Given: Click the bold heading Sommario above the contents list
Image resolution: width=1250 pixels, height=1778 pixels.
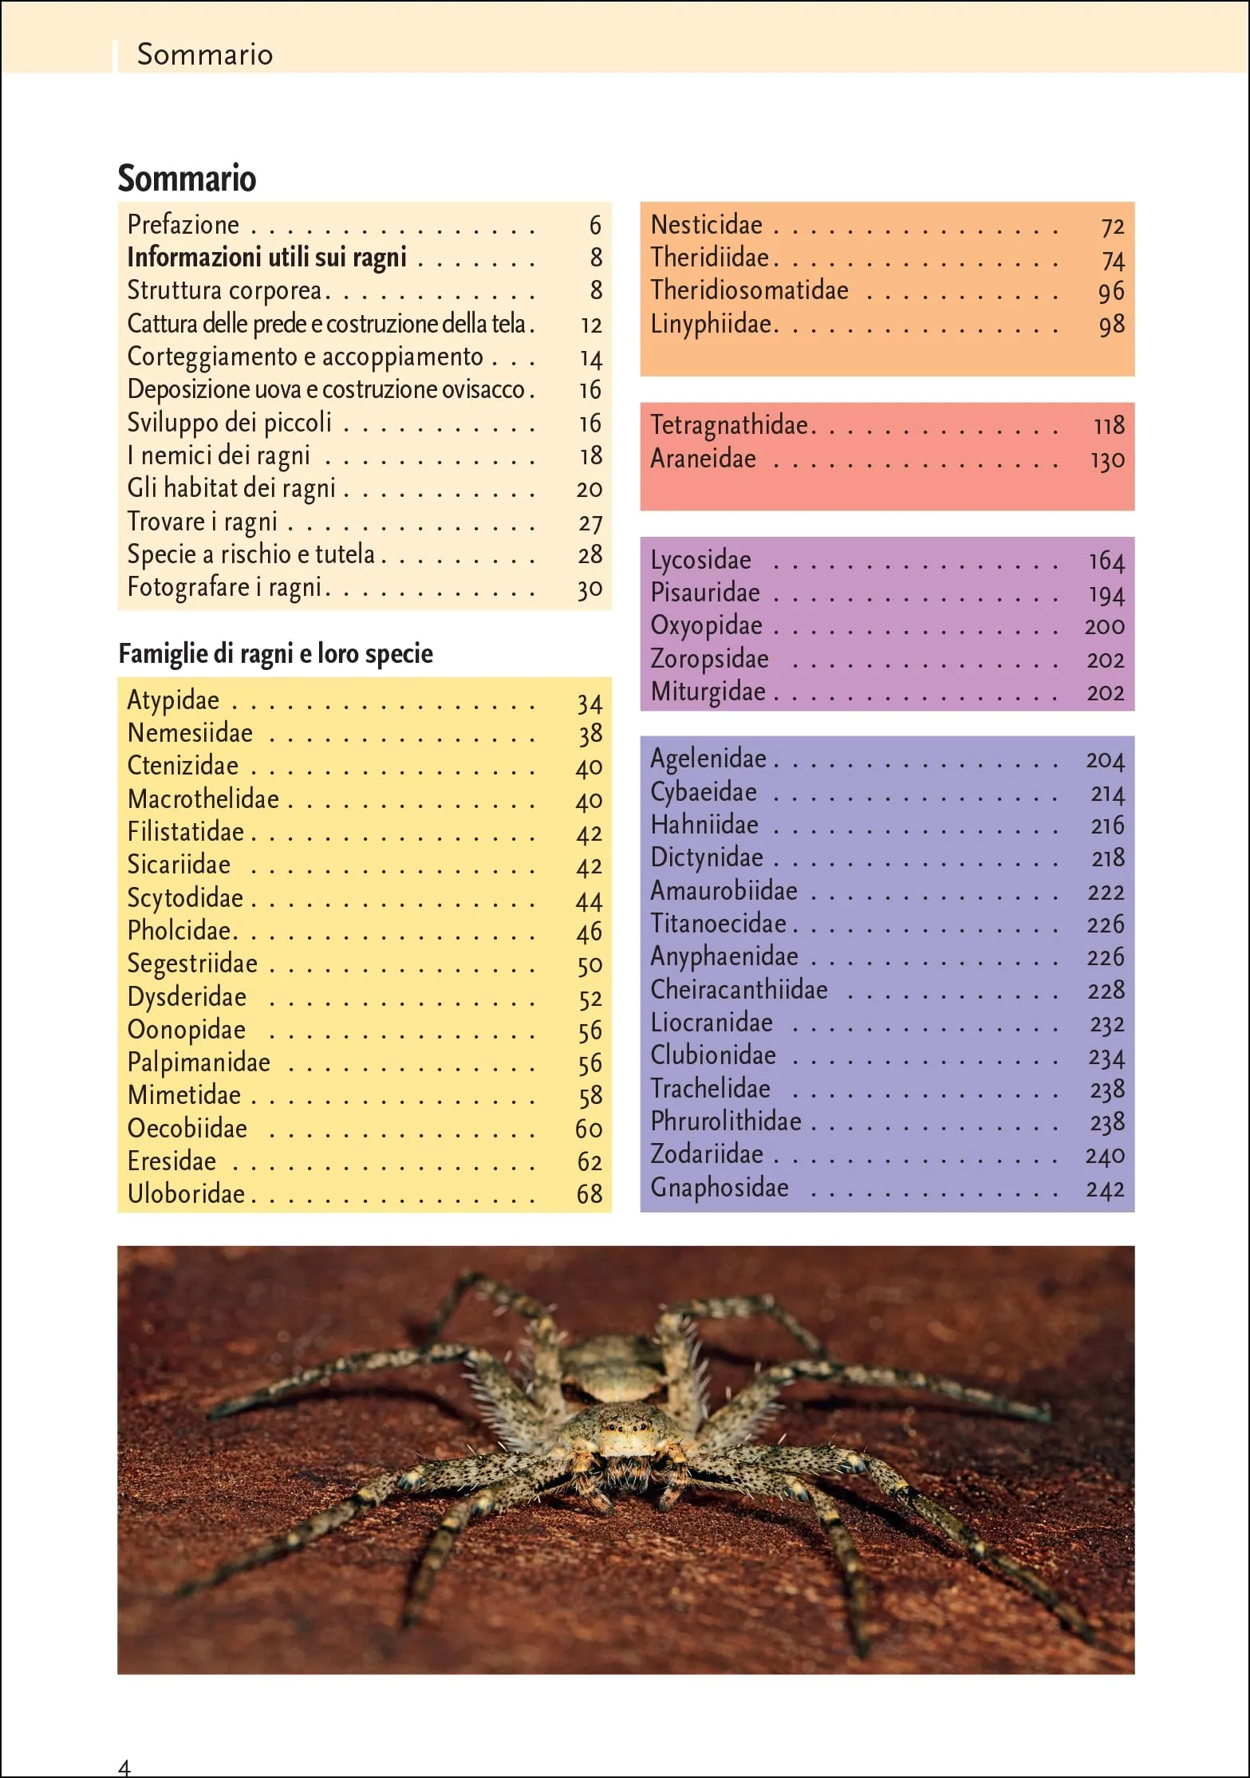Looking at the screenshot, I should point(187,178).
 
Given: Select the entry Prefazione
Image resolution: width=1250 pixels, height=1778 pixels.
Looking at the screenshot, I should point(183,225).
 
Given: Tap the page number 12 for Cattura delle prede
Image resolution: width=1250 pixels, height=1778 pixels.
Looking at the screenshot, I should point(591,325).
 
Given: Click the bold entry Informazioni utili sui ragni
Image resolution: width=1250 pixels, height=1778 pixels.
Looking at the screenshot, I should point(266,258).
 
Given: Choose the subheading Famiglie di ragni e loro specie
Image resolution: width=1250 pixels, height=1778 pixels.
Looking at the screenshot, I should point(275,653).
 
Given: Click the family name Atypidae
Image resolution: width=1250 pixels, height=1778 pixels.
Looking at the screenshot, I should point(173,700).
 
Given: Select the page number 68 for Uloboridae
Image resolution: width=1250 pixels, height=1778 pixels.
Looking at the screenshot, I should point(590,1194).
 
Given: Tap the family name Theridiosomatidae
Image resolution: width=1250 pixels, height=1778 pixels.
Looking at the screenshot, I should point(749,290).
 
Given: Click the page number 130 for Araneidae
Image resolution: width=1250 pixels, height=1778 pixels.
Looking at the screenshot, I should point(1107,460).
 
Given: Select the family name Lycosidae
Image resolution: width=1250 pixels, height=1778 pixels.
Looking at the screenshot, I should point(700,560).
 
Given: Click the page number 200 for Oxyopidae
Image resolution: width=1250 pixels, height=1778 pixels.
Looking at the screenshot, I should point(1104,627).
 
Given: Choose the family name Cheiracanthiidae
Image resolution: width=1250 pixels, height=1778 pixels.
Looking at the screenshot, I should point(739,990).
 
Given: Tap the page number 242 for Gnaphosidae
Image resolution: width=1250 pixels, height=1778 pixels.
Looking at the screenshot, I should point(1105,1189).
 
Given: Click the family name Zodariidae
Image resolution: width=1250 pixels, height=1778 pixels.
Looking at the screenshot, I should point(707,1154).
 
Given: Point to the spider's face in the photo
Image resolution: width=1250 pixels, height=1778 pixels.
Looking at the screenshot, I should point(627,1436).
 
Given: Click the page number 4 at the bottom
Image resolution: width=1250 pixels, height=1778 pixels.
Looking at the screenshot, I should point(124,1766).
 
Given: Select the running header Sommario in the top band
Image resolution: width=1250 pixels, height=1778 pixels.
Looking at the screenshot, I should point(205,54).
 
